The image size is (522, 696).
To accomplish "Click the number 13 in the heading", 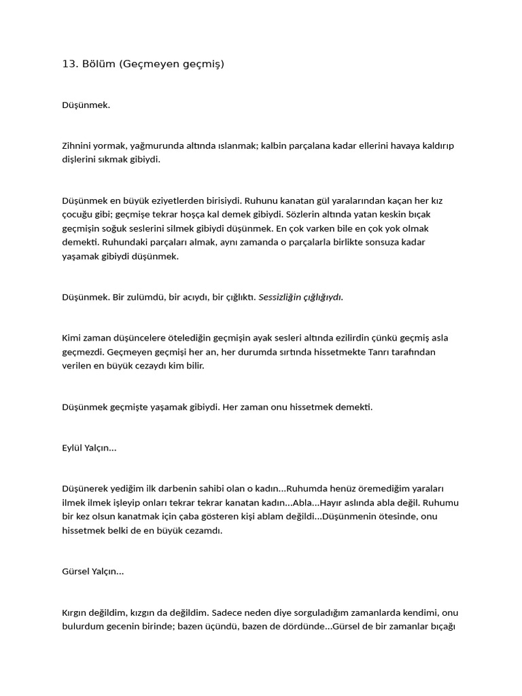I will [x=68, y=65].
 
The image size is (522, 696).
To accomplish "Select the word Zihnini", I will [x=77, y=146].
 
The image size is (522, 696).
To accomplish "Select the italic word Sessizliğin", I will [x=281, y=297].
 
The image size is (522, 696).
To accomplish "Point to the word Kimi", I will [x=71, y=338].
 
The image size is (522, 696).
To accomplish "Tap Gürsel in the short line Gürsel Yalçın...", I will [x=76, y=572].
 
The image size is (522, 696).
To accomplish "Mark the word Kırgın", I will [x=77, y=613].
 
